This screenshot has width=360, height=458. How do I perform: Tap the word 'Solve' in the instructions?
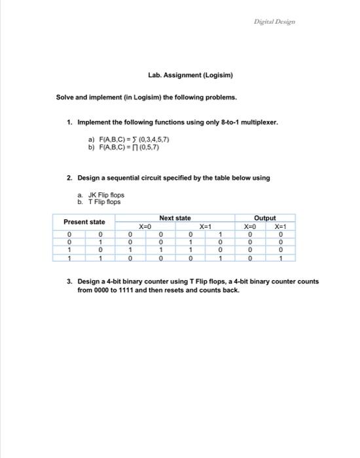point(66,97)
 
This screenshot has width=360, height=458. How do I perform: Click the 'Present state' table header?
point(84,222)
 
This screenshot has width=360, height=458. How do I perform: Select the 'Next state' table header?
point(175,217)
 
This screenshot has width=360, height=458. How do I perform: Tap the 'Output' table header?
point(264,218)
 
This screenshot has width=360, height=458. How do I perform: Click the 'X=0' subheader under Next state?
point(145,225)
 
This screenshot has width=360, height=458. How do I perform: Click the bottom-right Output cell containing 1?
point(280,258)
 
